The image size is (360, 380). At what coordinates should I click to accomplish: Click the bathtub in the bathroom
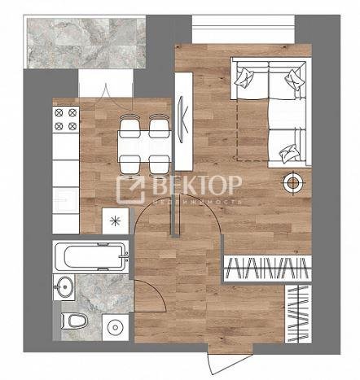pyautogui.click(x=90, y=256)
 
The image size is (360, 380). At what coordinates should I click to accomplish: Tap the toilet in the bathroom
pyautogui.click(x=74, y=321)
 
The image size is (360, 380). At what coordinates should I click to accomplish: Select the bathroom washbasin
pyautogui.click(x=64, y=286)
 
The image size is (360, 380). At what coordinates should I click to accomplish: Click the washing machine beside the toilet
pyautogui.click(x=116, y=328)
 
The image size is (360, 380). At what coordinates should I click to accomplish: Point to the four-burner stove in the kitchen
pyautogui.click(x=66, y=120)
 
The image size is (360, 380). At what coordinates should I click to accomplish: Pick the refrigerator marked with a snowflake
pyautogui.click(x=116, y=221)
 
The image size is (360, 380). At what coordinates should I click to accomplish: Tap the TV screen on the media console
pyautogui.click(x=182, y=120)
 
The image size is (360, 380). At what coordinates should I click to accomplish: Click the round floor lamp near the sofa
pyautogui.click(x=292, y=183)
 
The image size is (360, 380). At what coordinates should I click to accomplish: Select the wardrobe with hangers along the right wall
pyautogui.click(x=298, y=314)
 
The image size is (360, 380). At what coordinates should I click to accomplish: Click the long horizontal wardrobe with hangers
pyautogui.click(x=267, y=269)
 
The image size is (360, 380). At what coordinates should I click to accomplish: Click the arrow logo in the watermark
pyautogui.click(x=131, y=189)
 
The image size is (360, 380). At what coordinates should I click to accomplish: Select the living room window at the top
pyautogui.click(x=244, y=28)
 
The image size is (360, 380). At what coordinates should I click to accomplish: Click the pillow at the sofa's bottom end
pyautogui.click(x=288, y=153)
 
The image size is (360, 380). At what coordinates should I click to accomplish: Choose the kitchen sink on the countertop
pyautogui.click(x=65, y=200)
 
